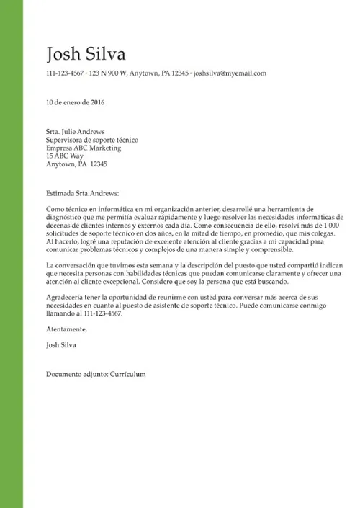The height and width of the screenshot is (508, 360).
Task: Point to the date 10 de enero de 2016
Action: tap(76, 102)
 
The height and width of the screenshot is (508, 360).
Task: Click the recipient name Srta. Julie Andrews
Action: tap(75, 132)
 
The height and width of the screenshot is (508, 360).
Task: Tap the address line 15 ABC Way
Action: tap(65, 156)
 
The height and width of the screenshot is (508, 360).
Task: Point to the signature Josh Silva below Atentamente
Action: tap(60, 345)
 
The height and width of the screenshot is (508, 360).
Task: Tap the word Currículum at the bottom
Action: tap(128, 375)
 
